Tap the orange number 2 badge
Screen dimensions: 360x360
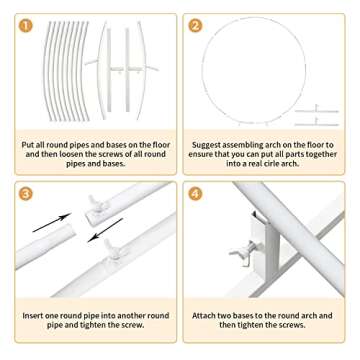point(196,25)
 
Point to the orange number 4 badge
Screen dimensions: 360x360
point(196,193)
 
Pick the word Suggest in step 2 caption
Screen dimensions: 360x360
point(210,144)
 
